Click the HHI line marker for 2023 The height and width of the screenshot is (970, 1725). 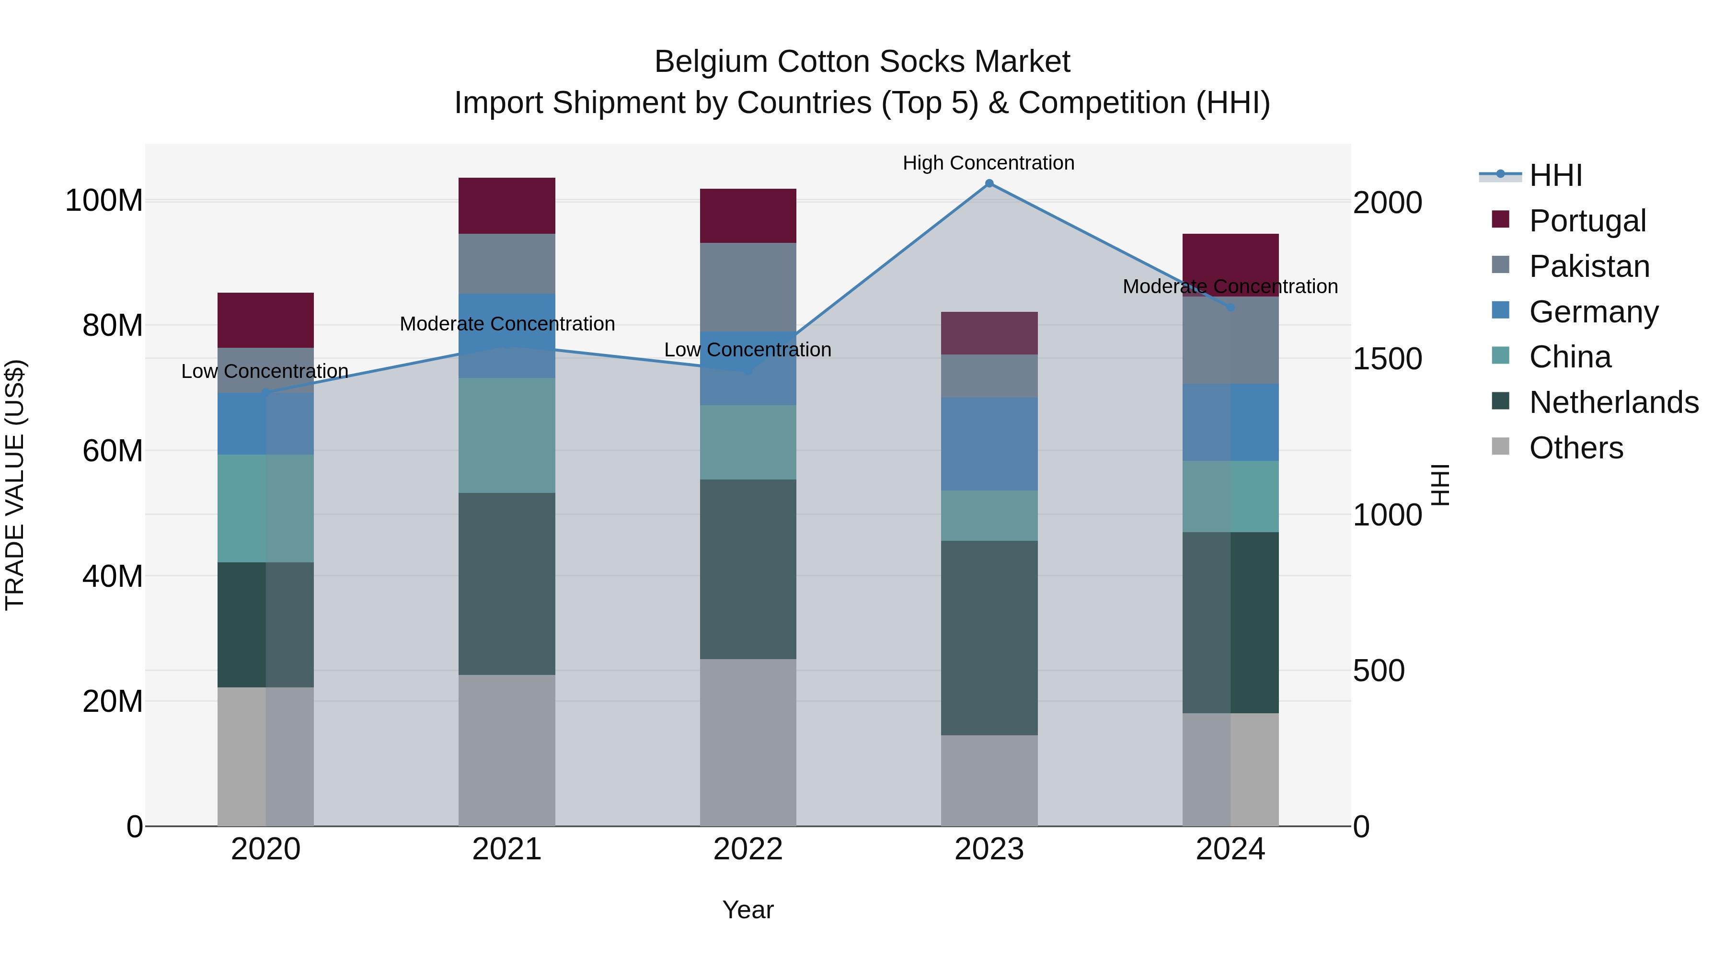click(x=989, y=183)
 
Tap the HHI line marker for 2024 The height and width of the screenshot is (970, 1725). click(x=1230, y=307)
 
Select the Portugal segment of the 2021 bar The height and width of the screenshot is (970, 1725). click(x=507, y=205)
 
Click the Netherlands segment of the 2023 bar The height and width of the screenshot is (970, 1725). click(x=989, y=638)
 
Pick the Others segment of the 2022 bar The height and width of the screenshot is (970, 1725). click(x=748, y=742)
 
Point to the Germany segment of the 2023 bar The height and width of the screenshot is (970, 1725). click(x=989, y=444)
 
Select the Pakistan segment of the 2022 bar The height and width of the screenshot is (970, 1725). click(x=748, y=287)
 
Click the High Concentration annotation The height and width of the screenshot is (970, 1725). click(x=989, y=163)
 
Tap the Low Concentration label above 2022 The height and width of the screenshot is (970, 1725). click(x=747, y=350)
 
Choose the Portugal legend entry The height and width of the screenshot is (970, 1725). click(x=1587, y=221)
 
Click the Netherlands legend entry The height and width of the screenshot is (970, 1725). click(x=1613, y=402)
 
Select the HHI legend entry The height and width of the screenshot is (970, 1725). click(x=1555, y=175)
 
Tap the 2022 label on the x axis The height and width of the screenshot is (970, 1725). click(x=748, y=849)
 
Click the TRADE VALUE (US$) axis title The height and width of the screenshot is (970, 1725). click(x=15, y=485)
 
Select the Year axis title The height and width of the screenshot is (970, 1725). click(x=748, y=910)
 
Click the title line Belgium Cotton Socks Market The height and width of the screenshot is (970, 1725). click(x=862, y=62)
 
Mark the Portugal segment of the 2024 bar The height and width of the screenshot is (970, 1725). click(x=1230, y=258)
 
